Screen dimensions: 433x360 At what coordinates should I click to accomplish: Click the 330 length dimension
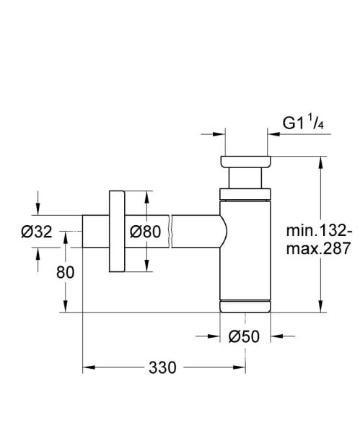(x=162, y=367)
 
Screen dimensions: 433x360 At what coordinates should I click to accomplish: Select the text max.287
(x=318, y=249)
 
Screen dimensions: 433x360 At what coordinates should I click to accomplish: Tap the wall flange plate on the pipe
(x=117, y=232)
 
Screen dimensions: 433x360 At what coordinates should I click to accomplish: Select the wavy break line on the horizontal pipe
(x=171, y=232)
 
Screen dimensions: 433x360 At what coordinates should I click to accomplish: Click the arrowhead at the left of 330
(x=88, y=368)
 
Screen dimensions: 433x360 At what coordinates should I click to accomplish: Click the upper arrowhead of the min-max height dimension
(x=319, y=160)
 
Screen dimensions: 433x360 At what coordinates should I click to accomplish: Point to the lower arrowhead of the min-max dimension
(x=319, y=308)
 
